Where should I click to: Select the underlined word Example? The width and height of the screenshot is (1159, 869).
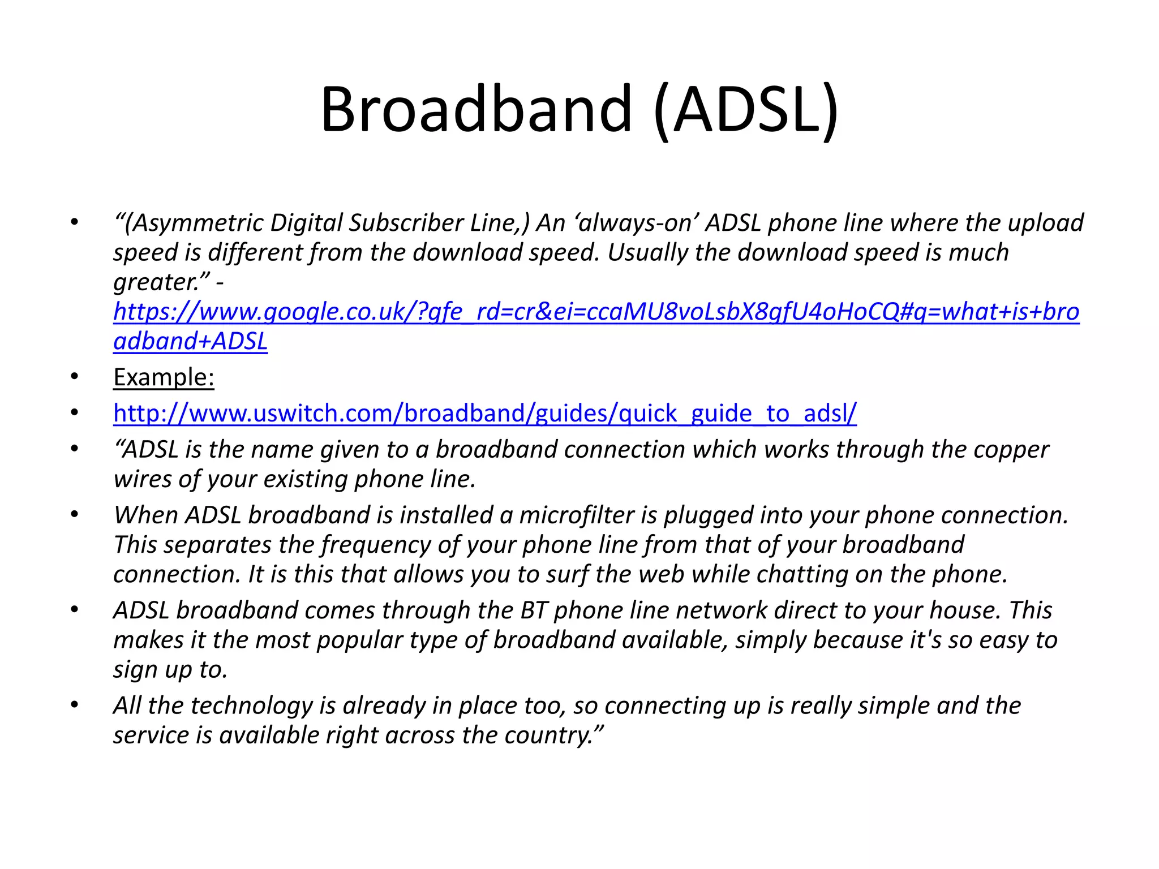(164, 377)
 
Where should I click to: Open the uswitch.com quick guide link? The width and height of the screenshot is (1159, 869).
(484, 414)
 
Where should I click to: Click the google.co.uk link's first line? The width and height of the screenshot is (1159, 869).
(596, 312)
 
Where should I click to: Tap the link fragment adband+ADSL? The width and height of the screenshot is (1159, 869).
(190, 341)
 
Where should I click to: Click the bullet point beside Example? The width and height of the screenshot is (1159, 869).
(74, 377)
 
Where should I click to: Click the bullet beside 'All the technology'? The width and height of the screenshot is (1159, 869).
(74, 705)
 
